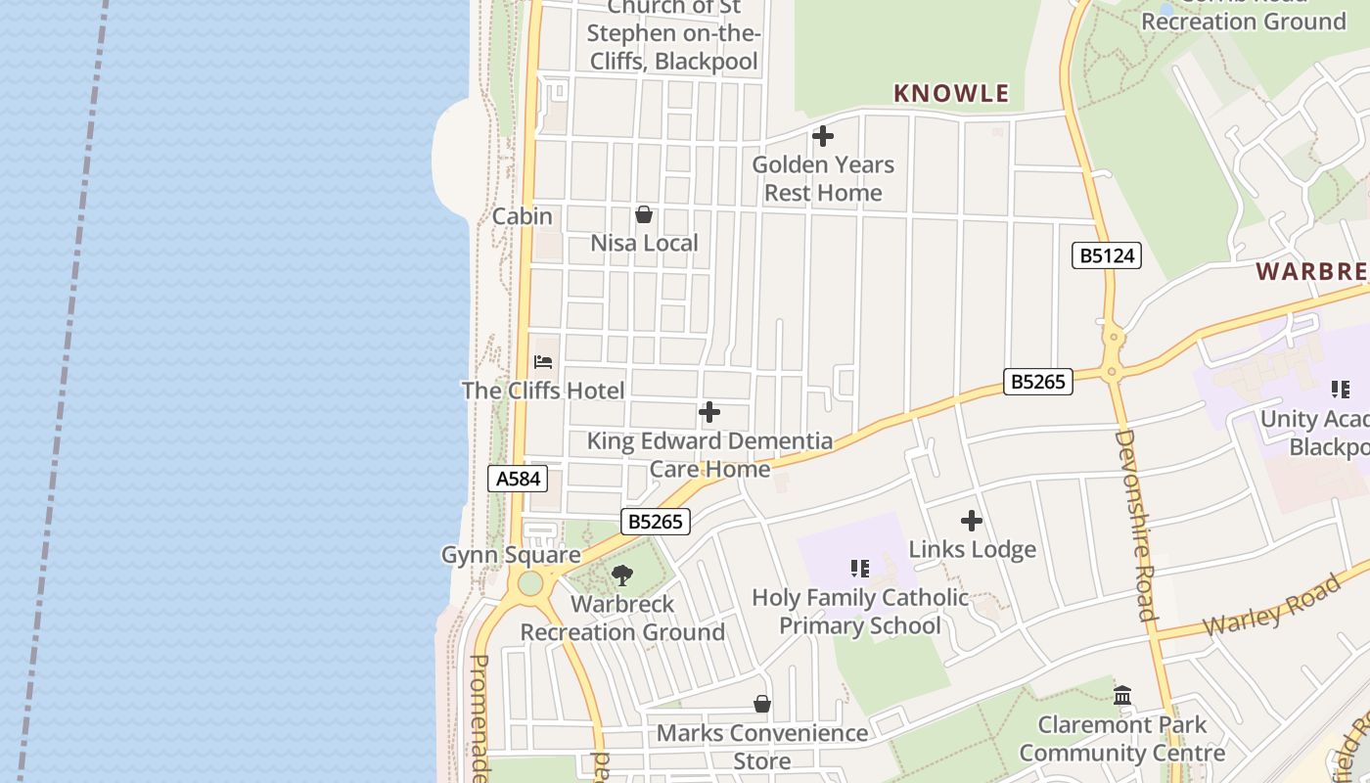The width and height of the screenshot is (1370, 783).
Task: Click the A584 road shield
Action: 517,479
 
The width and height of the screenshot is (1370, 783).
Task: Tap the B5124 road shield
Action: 1107,256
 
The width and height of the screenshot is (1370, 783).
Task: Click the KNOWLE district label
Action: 950,94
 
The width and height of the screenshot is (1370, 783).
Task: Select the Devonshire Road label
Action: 1136,525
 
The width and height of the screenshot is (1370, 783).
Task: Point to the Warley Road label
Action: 1271,607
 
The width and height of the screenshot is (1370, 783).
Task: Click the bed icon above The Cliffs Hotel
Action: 543,362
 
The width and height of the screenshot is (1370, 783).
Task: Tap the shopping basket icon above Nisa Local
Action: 644,214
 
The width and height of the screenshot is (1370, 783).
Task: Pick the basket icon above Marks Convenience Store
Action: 762,704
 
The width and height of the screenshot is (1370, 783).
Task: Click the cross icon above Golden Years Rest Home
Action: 823,136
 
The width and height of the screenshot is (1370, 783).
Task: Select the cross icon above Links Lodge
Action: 972,521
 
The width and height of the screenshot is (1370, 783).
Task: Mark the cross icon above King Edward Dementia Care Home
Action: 709,413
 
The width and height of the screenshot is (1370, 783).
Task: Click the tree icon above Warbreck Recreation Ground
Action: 622,576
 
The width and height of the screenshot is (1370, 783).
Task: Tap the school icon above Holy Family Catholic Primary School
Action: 860,569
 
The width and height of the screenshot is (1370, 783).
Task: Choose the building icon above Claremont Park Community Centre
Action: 1122,696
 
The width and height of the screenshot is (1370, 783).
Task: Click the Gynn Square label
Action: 511,555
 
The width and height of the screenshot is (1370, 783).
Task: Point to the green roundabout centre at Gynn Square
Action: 530,584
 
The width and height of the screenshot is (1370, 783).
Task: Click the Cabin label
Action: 523,216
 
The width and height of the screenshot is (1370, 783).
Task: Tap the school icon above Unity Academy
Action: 1340,390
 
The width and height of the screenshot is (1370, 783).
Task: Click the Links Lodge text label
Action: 972,549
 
